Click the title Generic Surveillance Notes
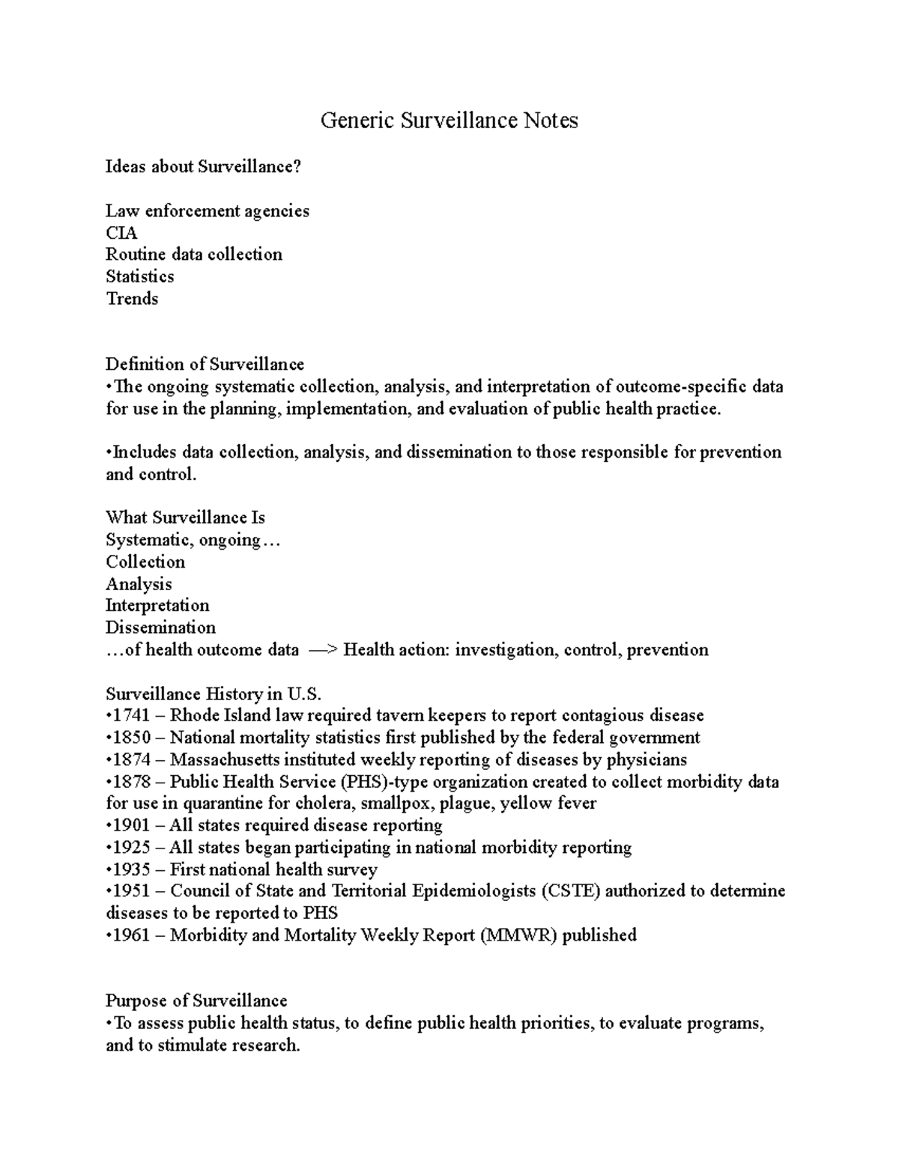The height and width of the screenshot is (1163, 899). [449, 121]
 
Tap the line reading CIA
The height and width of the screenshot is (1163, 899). [121, 233]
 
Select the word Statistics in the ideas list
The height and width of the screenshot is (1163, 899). [139, 276]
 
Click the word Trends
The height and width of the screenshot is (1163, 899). [132, 299]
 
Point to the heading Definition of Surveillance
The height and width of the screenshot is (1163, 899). [205, 365]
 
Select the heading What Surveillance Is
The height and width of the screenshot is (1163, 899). [185, 517]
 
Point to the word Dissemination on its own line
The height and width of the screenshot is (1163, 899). [160, 628]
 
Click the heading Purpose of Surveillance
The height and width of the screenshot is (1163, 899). [196, 1001]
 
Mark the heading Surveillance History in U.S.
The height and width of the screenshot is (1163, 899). [213, 693]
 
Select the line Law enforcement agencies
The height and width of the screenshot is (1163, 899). [207, 211]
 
